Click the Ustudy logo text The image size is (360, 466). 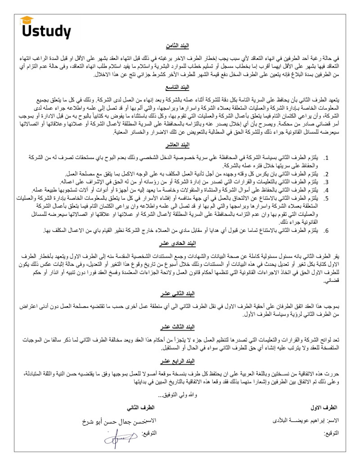(x=46, y=31)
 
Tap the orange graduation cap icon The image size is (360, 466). (x=27, y=19)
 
